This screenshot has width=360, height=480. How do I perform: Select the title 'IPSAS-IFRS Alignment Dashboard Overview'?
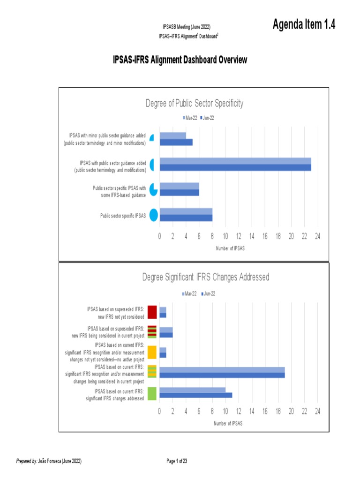[x=180, y=60]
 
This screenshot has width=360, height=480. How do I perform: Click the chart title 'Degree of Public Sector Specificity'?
[x=194, y=104]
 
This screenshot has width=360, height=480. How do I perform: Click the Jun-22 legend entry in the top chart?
[x=207, y=118]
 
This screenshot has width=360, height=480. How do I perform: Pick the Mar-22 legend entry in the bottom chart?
[x=189, y=294]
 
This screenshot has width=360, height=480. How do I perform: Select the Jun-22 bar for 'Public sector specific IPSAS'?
[x=186, y=218]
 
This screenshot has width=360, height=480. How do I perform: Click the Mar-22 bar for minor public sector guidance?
[x=172, y=135]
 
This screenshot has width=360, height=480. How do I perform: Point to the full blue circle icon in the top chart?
[x=153, y=215]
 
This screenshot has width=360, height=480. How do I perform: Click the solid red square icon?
[x=152, y=312]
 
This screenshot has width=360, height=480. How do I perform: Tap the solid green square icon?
[x=152, y=394]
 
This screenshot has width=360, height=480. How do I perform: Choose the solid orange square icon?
[x=152, y=352]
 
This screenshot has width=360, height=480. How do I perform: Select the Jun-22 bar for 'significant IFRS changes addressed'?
[x=195, y=395]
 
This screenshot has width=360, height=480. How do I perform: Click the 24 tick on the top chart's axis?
[x=317, y=237]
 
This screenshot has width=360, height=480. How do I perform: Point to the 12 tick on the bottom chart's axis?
[x=239, y=412]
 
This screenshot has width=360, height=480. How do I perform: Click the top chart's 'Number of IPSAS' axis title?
[x=230, y=248]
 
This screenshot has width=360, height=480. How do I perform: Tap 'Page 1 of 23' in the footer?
[x=177, y=461]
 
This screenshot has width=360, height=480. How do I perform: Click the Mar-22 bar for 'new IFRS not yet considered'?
[x=163, y=309]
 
